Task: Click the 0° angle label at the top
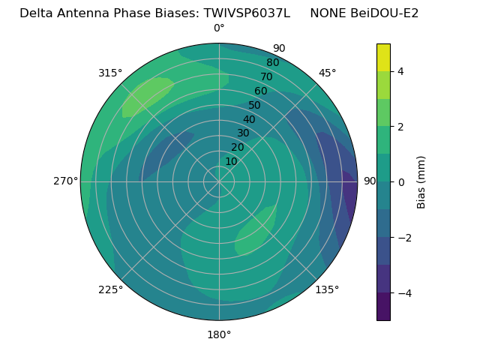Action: click(219, 28)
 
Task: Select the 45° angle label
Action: click(327, 73)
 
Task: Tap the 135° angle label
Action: click(327, 289)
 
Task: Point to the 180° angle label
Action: click(219, 334)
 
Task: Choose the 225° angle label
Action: click(110, 289)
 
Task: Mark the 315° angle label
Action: click(110, 73)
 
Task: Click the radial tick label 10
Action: click(231, 161)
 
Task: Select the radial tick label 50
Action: click(254, 105)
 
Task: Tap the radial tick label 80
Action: click(272, 62)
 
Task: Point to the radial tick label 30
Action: click(243, 133)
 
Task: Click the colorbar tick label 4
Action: click(400, 71)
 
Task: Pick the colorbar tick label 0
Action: click(400, 182)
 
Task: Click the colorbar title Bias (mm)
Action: click(421, 182)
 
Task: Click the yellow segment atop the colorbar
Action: click(383, 57)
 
